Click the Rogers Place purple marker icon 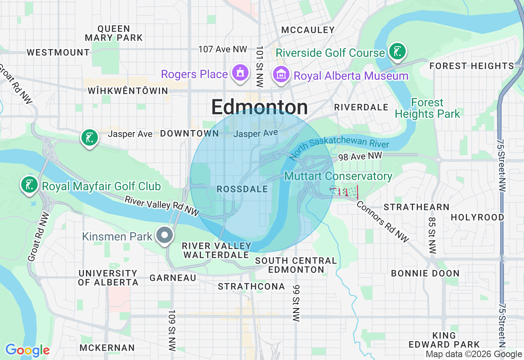pos(240,73)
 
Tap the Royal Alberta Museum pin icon pos(281,74)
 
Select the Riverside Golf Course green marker pos(397,52)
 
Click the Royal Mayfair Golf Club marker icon pos(29,184)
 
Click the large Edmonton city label pos(260,107)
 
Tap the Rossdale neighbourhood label pos(242,189)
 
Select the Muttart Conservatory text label pos(338,176)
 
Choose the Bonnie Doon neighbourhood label pos(425,273)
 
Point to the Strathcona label pos(251,287)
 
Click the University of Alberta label pos(108,278)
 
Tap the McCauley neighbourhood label pos(308,30)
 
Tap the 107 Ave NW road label pos(223,49)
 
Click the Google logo pos(27,350)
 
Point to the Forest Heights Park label pos(427,108)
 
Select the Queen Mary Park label pos(114,33)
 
